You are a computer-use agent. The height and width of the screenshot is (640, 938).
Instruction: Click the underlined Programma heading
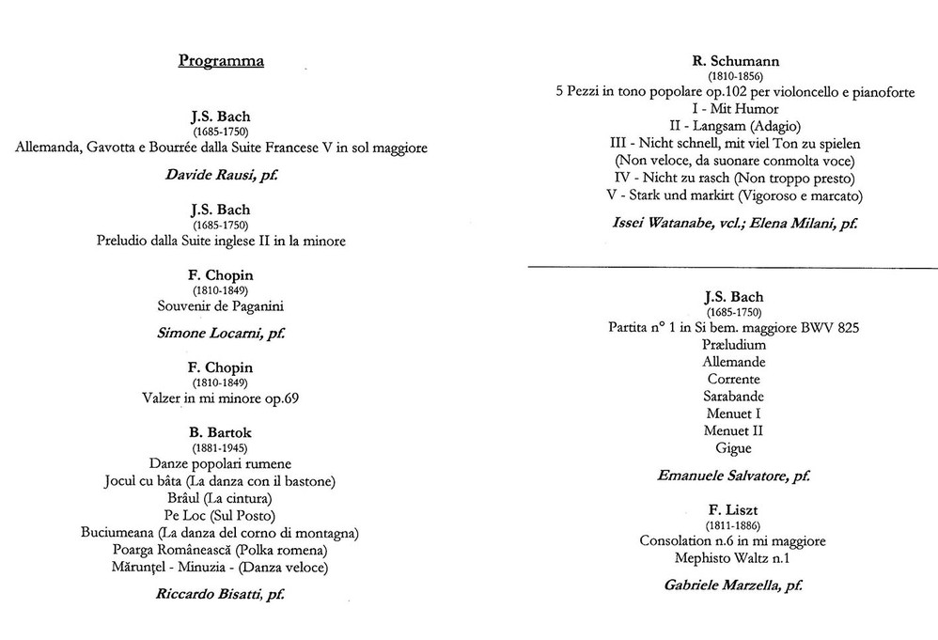tap(221, 61)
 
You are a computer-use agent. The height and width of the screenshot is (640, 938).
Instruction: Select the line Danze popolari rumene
tap(220, 463)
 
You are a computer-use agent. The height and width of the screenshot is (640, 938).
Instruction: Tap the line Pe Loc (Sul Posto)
tap(220, 515)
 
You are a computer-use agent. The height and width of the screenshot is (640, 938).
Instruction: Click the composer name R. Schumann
tap(735, 61)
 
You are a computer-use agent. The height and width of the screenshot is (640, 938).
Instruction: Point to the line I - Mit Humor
tap(735, 109)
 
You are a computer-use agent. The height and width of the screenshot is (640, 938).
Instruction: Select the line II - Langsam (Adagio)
tap(735, 126)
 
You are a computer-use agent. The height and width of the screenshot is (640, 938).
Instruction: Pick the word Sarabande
tap(734, 396)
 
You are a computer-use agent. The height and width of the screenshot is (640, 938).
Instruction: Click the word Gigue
tap(734, 448)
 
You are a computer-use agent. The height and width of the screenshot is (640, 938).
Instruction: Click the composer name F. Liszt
tap(734, 509)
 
